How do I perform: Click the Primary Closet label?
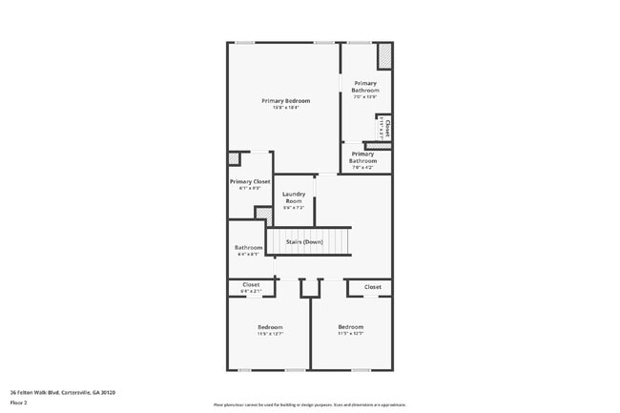coord(250,181)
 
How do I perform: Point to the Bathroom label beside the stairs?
coord(248,248)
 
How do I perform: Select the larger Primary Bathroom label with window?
coord(365,87)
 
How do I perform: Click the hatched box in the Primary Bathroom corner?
coord(384,56)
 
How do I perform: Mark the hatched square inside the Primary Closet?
coord(234,159)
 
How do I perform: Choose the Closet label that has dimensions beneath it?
coord(251,284)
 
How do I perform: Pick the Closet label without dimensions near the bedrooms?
coord(372,286)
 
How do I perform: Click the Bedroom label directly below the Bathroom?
coord(270,327)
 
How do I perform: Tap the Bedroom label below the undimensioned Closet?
coord(350,327)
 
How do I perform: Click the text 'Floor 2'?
coord(19,403)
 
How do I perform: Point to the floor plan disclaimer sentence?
coord(309,404)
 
